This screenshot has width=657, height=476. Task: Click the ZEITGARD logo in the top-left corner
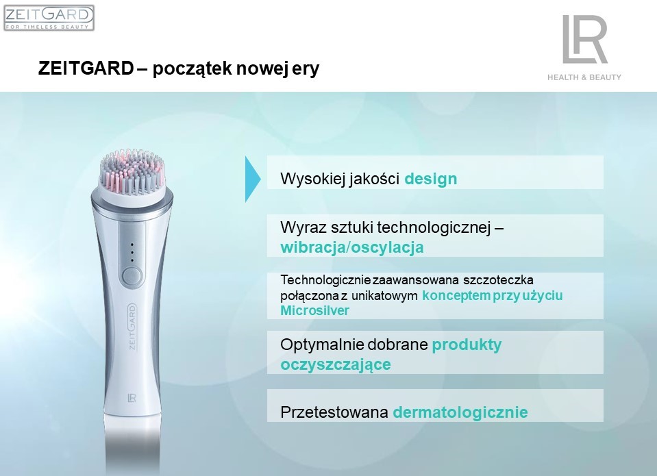[x=49, y=18]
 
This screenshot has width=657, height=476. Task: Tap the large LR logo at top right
[x=584, y=39]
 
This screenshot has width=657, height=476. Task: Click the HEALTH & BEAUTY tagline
[x=584, y=77]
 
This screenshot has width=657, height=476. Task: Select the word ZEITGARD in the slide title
[x=86, y=68]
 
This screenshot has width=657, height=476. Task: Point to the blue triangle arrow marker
[x=253, y=179]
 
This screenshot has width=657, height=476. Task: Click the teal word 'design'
[x=430, y=179]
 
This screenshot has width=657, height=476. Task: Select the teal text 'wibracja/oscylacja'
[x=352, y=247]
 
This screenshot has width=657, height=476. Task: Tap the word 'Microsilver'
[x=314, y=311]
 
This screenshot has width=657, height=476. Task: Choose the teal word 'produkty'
[x=467, y=345]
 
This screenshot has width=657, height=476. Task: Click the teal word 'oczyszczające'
[x=335, y=364]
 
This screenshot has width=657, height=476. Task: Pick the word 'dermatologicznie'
[x=460, y=412]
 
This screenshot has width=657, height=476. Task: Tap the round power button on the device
[x=132, y=277]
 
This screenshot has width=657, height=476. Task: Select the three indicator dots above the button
[x=132, y=252]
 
